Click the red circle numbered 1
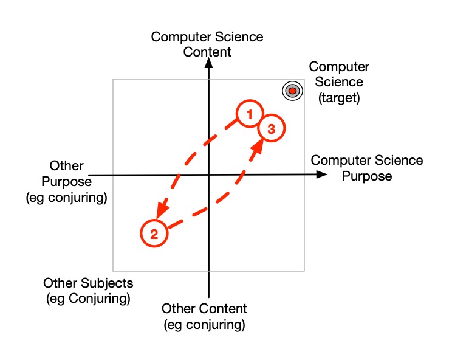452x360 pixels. [249, 114]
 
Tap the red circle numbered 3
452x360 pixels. [271, 129]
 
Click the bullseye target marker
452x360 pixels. [292, 91]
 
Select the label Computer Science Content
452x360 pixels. [207, 44]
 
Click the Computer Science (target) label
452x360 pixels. [339, 82]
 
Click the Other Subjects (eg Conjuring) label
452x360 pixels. [88, 291]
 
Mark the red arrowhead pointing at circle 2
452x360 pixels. [159, 211]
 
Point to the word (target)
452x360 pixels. [339, 97]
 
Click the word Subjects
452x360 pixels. [105, 283]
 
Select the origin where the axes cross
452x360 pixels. [208, 175]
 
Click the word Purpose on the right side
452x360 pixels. [367, 176]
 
